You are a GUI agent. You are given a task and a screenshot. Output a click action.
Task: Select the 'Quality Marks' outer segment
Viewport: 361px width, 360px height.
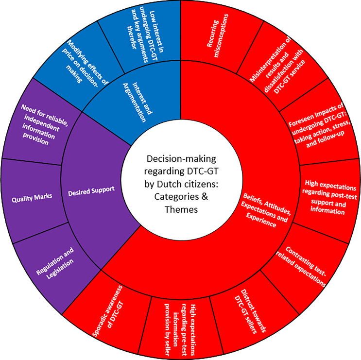tap(33, 199)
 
